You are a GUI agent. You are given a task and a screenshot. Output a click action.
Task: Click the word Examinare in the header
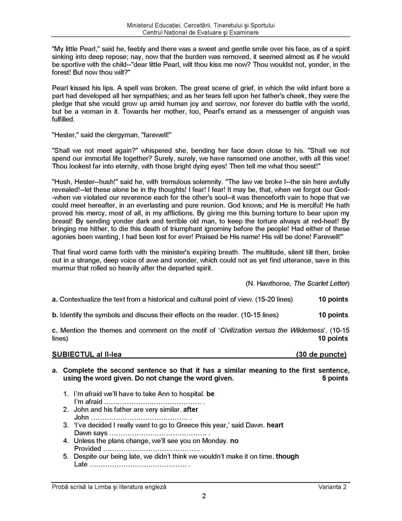pos(244,33)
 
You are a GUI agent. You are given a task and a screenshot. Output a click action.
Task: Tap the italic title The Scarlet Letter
pos(321,284)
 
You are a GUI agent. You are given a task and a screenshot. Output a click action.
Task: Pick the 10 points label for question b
pos(333,315)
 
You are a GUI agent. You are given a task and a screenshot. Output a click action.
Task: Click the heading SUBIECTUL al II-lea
pos(87,354)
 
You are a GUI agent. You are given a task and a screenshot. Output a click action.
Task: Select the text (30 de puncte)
pos(321,354)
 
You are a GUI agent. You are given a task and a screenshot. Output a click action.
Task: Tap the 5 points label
pos(335,378)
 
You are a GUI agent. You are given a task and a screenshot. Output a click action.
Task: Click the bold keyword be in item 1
pos(210,394)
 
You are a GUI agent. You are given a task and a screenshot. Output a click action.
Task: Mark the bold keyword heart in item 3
pos(275,425)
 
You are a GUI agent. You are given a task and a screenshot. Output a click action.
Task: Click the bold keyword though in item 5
pos(287,457)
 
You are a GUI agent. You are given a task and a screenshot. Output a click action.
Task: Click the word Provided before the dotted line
pos(88,449)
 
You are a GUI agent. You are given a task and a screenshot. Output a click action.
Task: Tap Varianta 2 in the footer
pos(332,487)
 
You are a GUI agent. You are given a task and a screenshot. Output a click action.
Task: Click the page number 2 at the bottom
pos(204,496)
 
